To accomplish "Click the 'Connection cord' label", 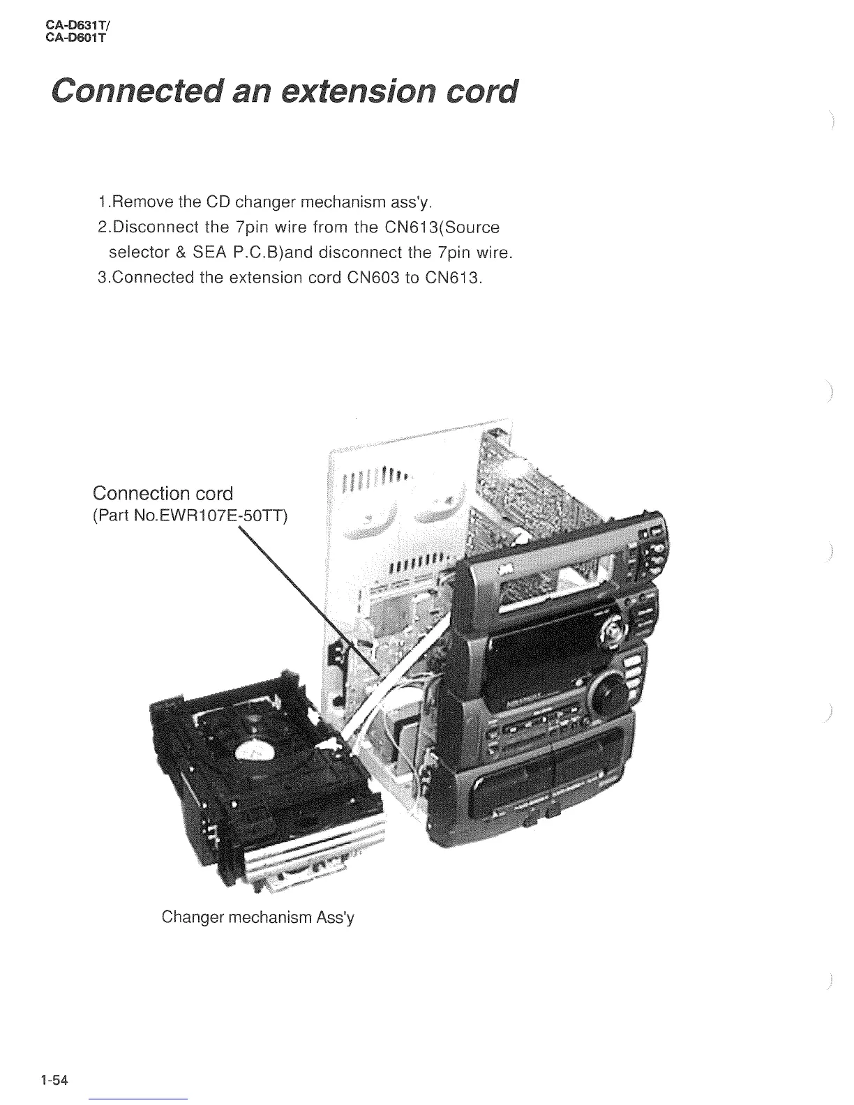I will click(163, 493).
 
